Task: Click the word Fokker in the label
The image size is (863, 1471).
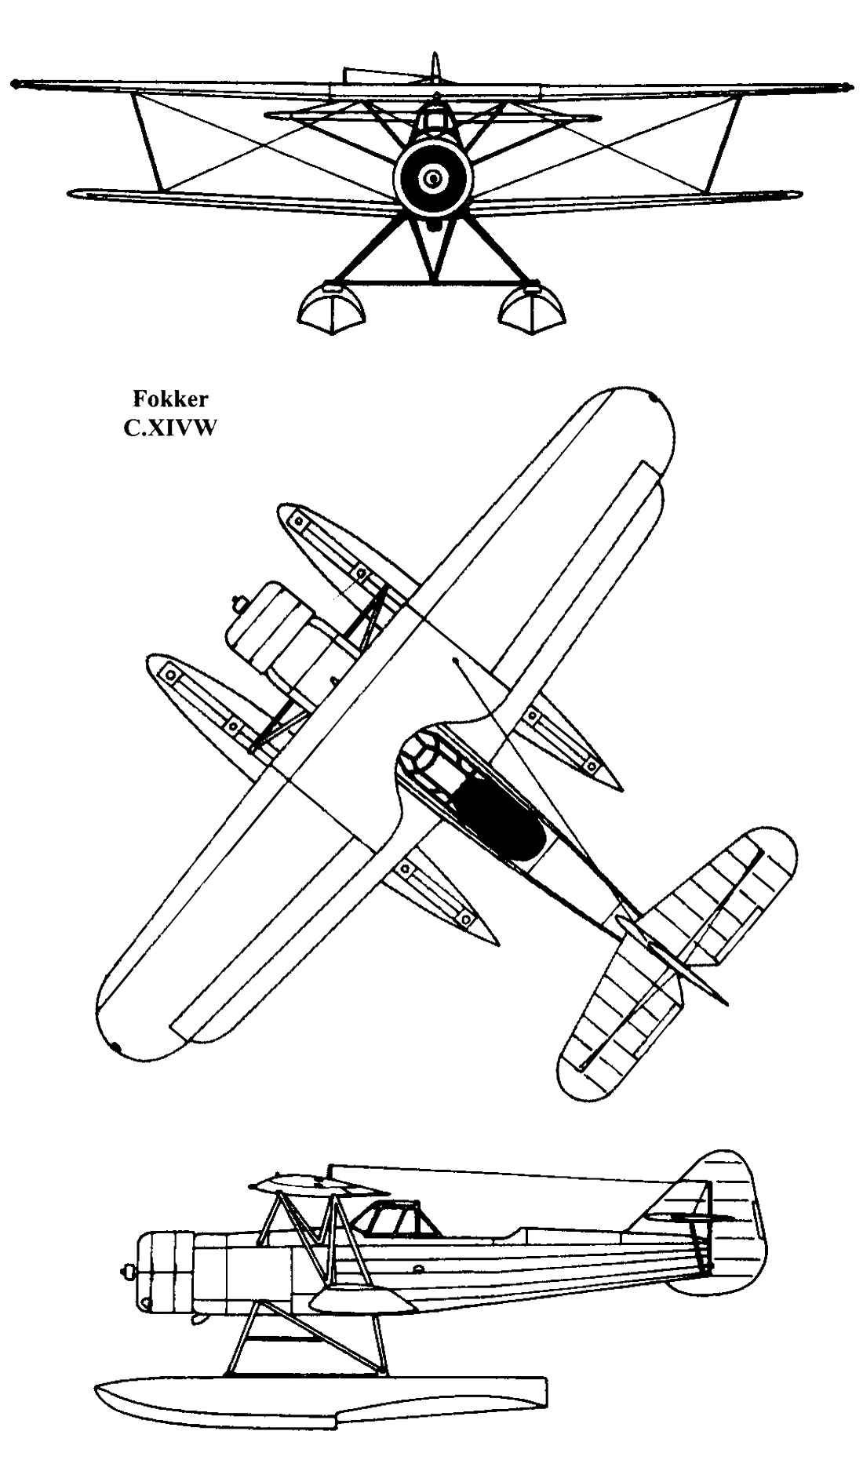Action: [x=170, y=399]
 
